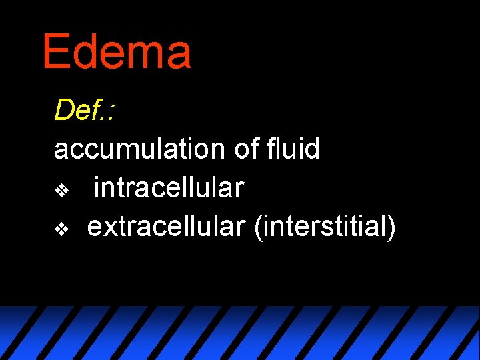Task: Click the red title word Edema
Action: pos(117,52)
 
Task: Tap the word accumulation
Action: pos(140,149)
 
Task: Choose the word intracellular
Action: pos(169,188)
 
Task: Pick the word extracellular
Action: pos(167,227)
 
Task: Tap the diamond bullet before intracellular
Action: pos(61,191)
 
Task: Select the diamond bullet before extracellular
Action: pos(61,230)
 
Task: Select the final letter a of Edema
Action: pos(177,56)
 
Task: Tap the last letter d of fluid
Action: pos(311,149)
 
